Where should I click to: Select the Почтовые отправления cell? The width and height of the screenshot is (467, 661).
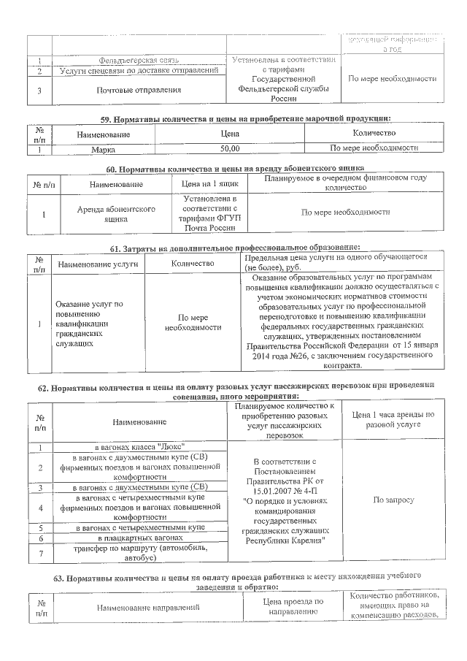(138, 91)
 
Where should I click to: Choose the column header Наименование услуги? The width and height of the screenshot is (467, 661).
(99, 263)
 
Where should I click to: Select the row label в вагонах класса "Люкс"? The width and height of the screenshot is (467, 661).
(139, 446)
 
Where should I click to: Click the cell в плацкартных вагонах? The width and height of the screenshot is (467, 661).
(139, 538)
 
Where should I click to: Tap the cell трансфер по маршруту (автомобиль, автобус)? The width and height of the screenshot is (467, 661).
(139, 553)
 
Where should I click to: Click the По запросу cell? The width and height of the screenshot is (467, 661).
(393, 501)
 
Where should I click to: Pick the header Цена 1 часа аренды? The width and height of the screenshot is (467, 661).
(393, 419)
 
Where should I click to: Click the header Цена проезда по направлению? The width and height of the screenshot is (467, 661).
(292, 607)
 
